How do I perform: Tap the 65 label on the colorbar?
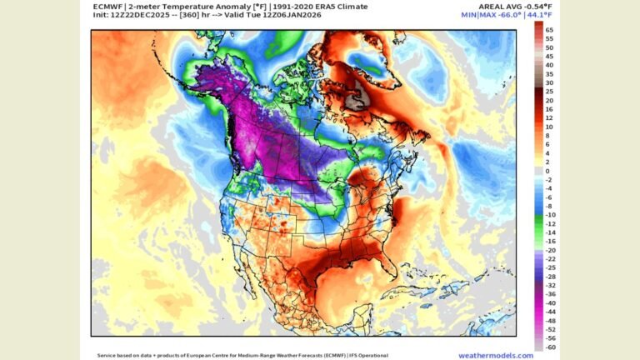(549, 29)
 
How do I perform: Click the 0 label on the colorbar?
(547, 171)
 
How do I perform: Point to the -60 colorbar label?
(550, 347)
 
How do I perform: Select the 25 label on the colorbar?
(549, 91)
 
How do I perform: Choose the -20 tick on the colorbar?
(550, 249)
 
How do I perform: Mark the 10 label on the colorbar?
(549, 127)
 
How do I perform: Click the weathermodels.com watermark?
(495, 354)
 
